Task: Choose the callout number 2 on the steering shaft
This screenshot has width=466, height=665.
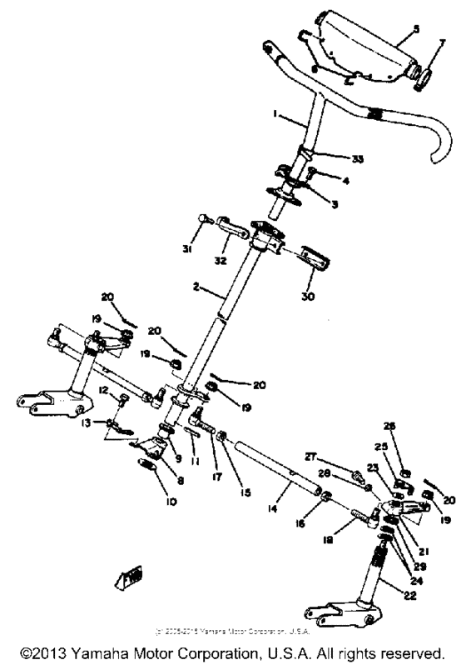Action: (x=195, y=286)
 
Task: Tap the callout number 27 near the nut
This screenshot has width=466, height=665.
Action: (x=332, y=457)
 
